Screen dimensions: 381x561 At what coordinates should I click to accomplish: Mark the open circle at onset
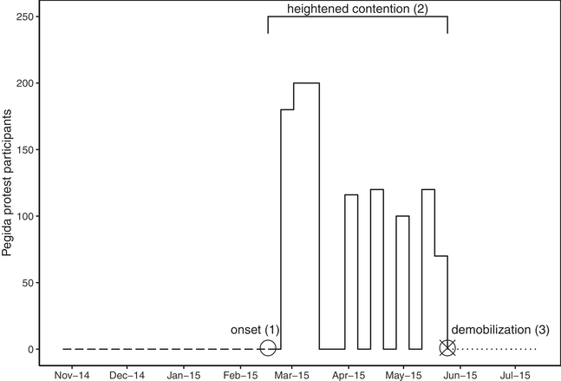click(268, 349)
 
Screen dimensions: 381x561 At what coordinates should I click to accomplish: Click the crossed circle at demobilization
click(447, 349)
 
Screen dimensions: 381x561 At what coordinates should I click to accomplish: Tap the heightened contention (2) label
click(357, 10)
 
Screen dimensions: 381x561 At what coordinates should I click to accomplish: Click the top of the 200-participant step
click(306, 83)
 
